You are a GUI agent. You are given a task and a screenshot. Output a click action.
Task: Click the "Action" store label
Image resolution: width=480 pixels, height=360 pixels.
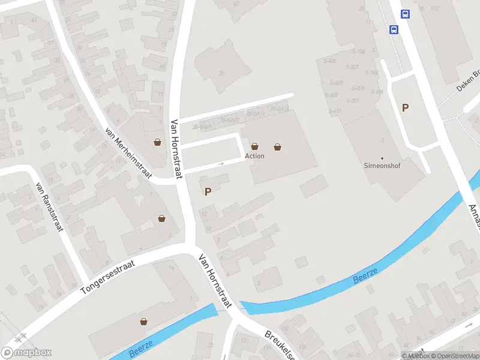(254, 156)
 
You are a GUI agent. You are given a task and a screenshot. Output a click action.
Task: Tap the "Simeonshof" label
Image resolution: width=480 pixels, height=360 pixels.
(382, 166)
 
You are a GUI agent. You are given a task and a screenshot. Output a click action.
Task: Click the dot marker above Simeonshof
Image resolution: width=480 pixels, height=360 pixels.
(382, 158)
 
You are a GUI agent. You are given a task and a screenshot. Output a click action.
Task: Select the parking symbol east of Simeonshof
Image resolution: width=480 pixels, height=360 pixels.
(406, 108)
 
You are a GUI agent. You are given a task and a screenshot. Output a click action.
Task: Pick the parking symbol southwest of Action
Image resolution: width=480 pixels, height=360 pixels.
(208, 192)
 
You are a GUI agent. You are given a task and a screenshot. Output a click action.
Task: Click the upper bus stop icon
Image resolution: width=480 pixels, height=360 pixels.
(406, 14)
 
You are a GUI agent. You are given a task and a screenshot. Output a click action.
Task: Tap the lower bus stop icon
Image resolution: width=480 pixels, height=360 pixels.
(394, 29)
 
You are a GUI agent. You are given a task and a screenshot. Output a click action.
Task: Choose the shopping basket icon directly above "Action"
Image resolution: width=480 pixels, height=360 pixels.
(255, 146)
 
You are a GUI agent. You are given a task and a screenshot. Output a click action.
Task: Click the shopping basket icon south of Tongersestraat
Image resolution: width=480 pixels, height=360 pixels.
(143, 322)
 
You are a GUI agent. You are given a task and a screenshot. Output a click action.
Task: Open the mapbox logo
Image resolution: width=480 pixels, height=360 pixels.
(26, 353)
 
